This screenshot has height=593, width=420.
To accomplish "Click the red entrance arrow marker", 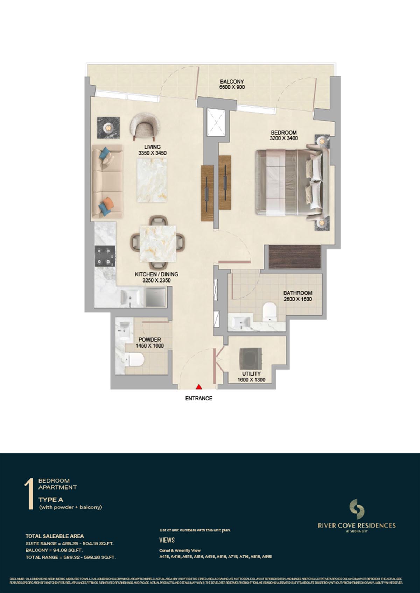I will pyautogui.click(x=199, y=386).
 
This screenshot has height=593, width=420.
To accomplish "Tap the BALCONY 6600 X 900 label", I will pyautogui.click(x=232, y=84).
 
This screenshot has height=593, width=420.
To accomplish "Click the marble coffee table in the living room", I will pyautogui.click(x=152, y=179).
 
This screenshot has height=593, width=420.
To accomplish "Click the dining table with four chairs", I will pyautogui.click(x=157, y=244).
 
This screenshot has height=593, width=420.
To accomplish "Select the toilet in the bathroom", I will pyautogui.click(x=269, y=312).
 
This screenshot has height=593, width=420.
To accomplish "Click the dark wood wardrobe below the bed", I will pyautogui.click(x=295, y=257).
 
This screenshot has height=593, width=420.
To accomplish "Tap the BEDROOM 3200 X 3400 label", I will pyautogui.click(x=284, y=135).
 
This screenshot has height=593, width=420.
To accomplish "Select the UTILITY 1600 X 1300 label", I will pyautogui.click(x=251, y=377).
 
